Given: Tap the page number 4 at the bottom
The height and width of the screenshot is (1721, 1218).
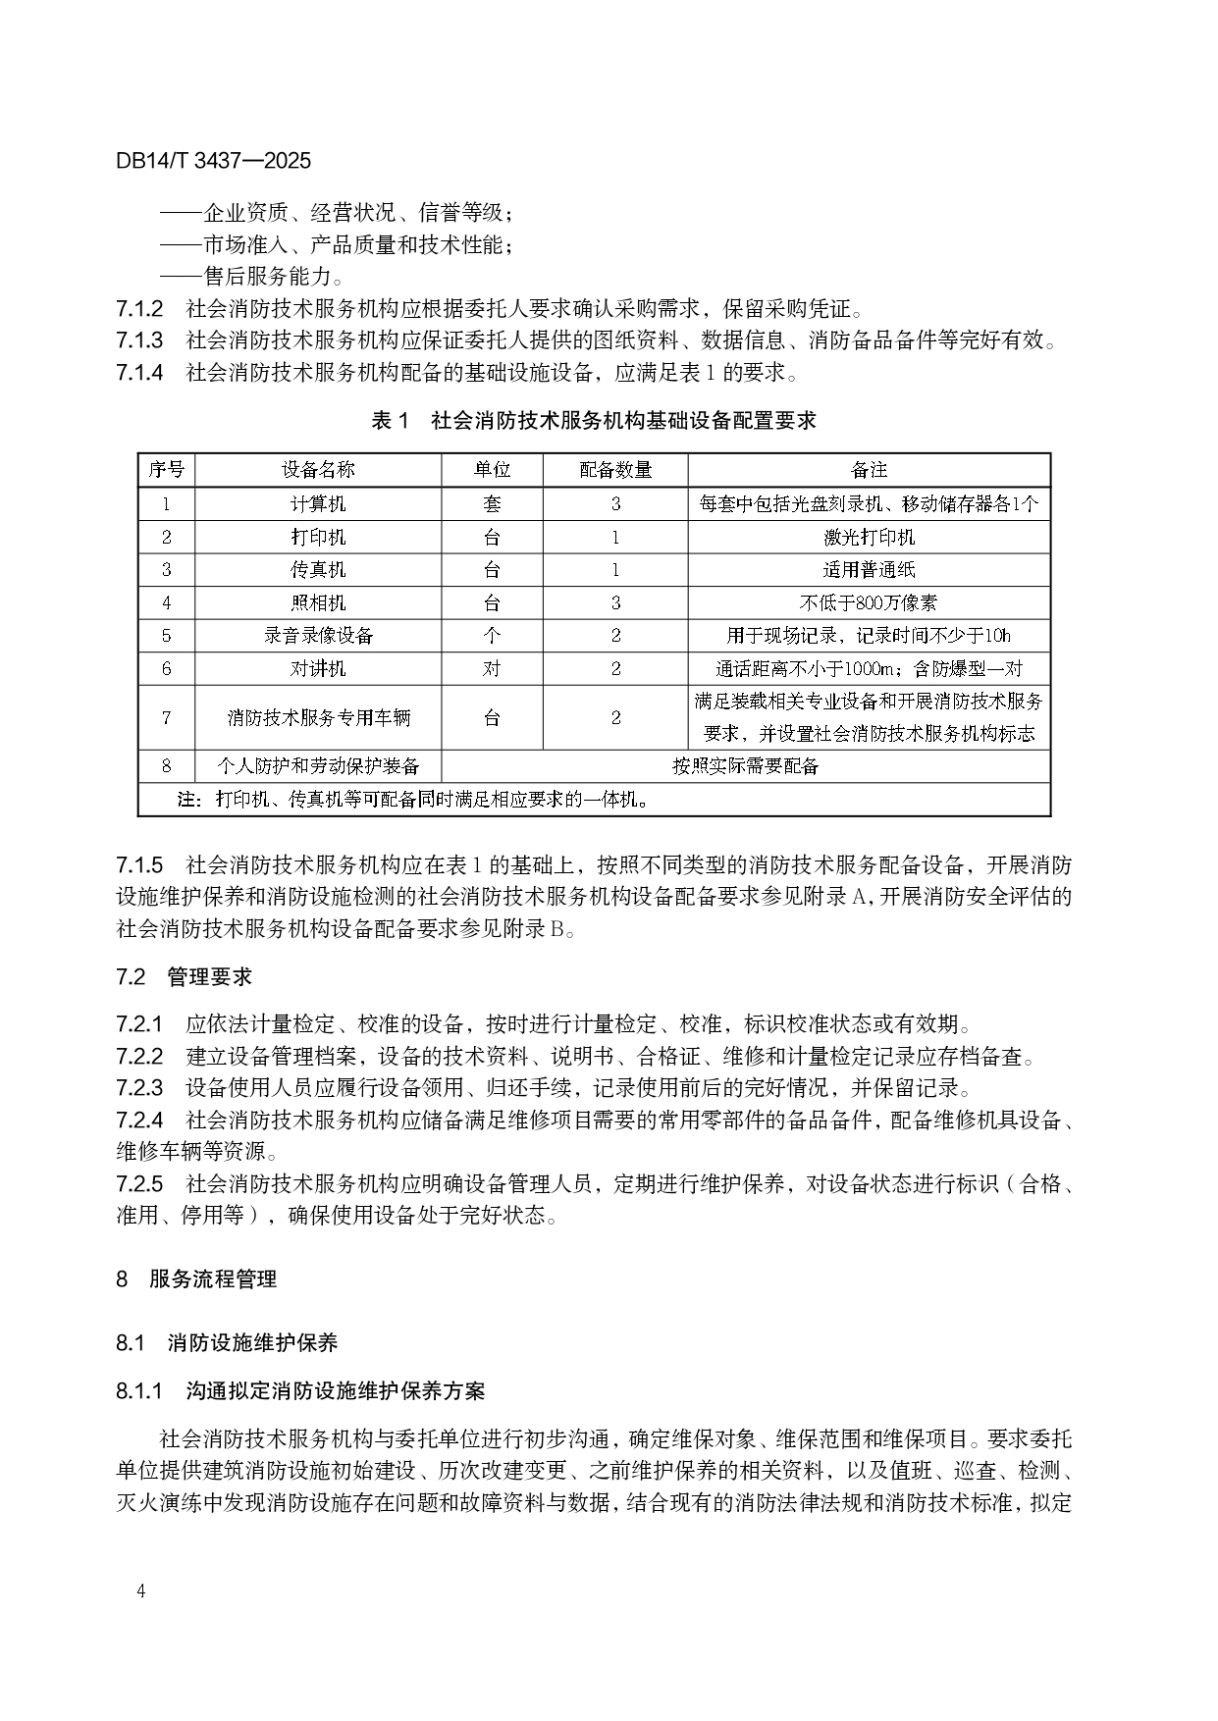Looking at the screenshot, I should (x=142, y=1591).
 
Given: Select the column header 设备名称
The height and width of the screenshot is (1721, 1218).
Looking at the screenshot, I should (x=318, y=470).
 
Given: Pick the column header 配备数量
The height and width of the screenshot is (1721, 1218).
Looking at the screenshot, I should (x=615, y=470).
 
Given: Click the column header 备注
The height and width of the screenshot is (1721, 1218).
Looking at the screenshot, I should (x=869, y=470).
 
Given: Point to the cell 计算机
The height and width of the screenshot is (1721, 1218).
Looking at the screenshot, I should (x=318, y=504).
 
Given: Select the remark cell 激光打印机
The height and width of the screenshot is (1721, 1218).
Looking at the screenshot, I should (x=869, y=538).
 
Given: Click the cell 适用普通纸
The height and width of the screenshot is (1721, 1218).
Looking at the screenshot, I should (x=869, y=570).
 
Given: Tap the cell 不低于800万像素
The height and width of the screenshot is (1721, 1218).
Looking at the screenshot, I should (x=869, y=603).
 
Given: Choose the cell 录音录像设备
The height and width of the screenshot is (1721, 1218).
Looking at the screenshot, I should (x=318, y=636).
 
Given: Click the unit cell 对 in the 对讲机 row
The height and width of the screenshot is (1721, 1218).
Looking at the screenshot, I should (x=492, y=669).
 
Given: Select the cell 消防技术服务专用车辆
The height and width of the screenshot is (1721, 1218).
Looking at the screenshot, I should (x=318, y=717).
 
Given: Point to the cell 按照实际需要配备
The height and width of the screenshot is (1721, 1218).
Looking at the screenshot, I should (x=745, y=766).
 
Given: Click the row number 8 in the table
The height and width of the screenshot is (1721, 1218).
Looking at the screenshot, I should (x=166, y=766).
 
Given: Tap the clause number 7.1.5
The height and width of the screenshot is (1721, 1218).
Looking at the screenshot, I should (x=139, y=865).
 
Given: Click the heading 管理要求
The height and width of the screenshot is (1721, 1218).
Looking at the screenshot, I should (x=209, y=976).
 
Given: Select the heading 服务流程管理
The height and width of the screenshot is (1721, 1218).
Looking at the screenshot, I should (x=213, y=1278).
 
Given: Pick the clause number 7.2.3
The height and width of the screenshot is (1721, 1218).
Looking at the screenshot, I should (x=139, y=1088).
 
